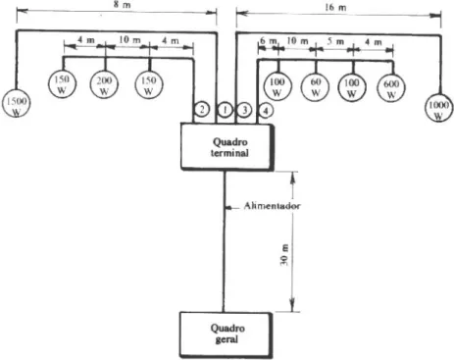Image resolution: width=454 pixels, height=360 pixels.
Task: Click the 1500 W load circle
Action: coord(16,103)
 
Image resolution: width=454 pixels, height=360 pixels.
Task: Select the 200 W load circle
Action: coord(104,84)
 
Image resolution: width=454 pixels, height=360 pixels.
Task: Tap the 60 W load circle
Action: coord(315,87)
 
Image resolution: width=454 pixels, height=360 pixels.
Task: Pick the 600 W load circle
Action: coord(391,88)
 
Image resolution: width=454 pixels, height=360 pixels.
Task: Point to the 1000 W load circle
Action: coord(439,107)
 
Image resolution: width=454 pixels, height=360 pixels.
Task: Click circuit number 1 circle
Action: coord(225,110)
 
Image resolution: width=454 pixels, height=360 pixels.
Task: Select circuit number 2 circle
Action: coord(202,109)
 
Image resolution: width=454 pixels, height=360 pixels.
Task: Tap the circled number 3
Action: coord(244,110)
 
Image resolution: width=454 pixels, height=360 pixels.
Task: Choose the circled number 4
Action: coord(266,111)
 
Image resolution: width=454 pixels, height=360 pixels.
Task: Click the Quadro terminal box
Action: coord(227,147)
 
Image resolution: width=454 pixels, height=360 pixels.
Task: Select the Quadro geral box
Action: coord(227,334)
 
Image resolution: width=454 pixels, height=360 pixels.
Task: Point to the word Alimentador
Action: coord(272,206)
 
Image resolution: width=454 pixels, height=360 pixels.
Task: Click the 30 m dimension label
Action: coord(284,254)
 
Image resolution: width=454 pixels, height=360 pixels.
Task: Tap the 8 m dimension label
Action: coord(122,6)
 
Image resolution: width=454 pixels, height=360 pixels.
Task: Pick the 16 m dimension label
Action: coord(335,7)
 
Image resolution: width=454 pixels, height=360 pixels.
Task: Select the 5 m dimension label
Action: coord(335,41)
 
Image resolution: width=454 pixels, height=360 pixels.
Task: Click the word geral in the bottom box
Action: coord(227,339)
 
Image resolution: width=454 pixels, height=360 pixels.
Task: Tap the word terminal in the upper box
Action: coord(229,153)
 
